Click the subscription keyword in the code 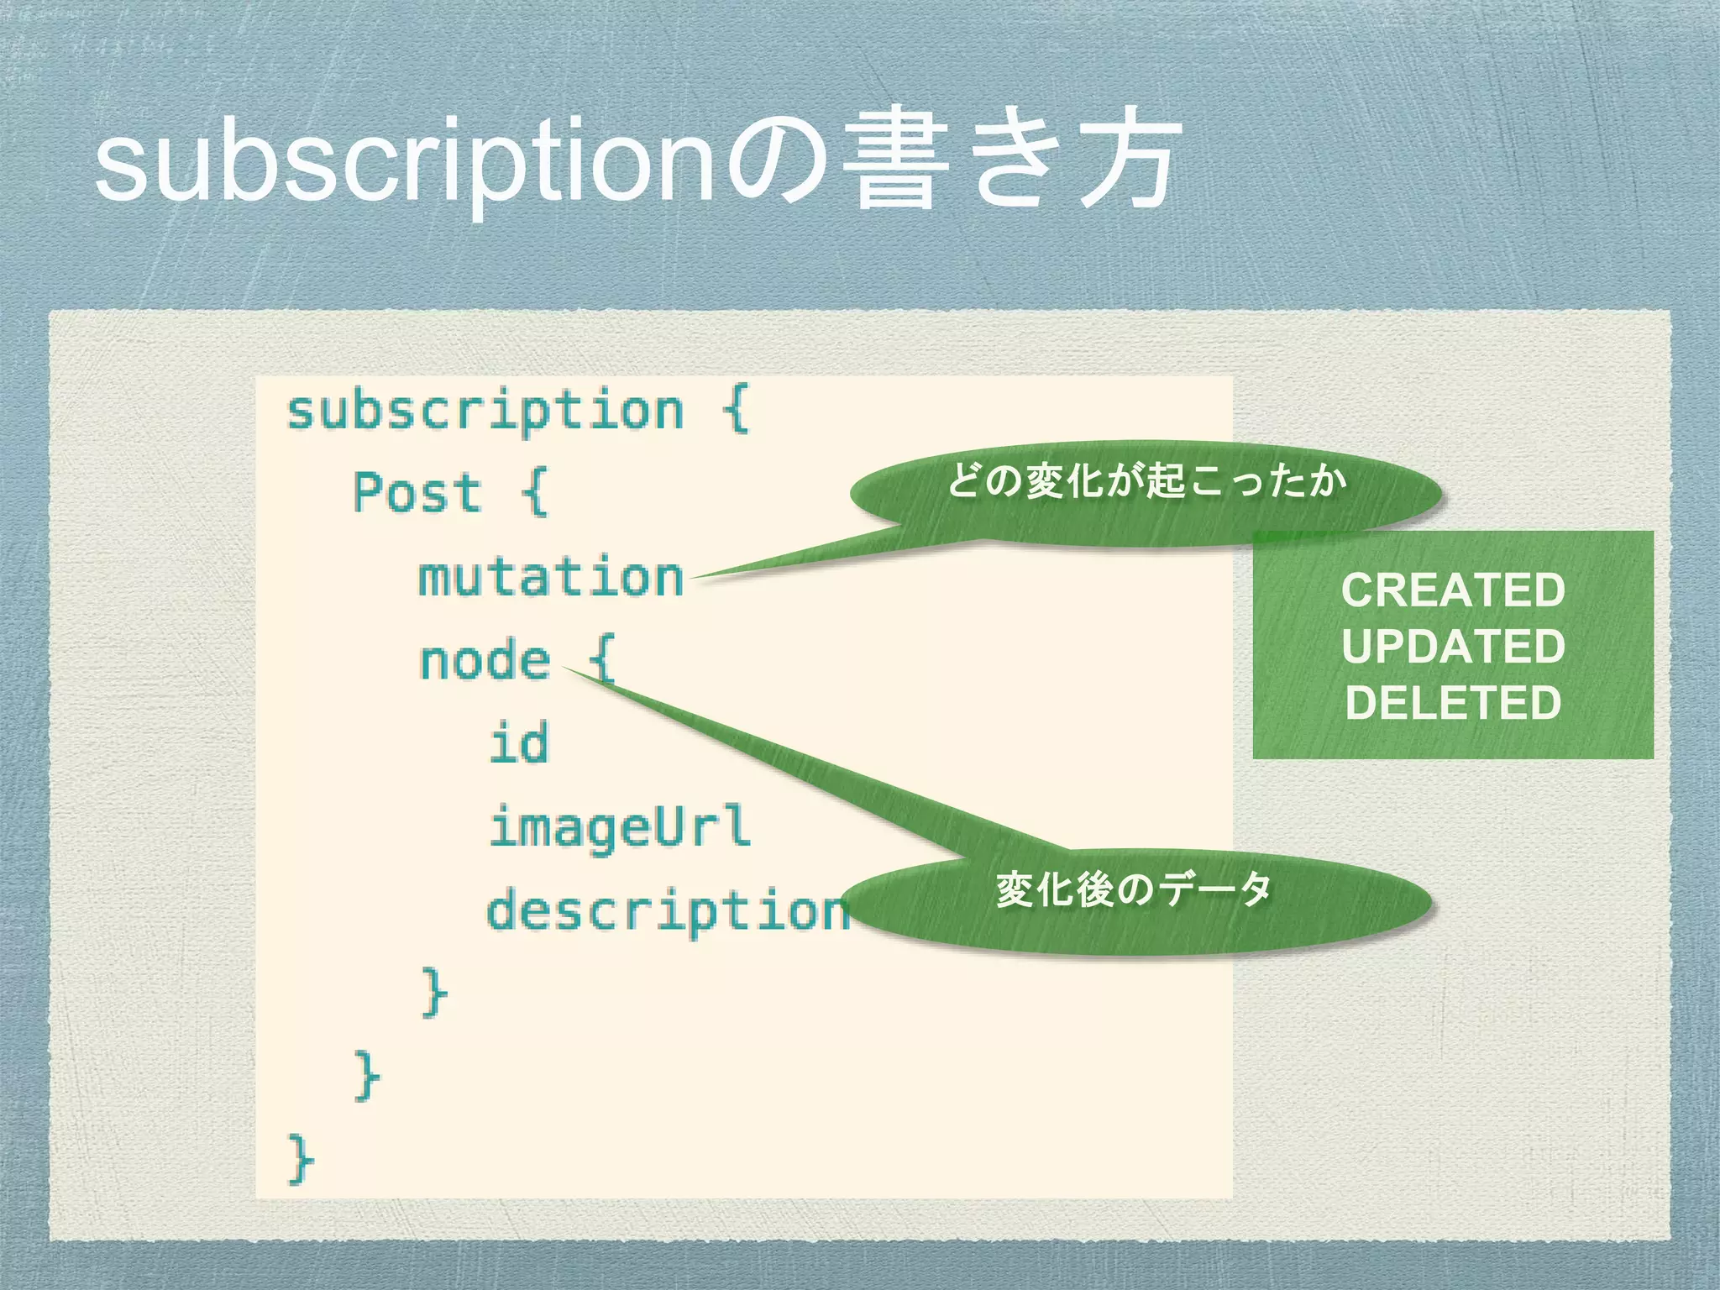pyautogui.click(x=485, y=412)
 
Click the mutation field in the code pyautogui.click(x=551, y=578)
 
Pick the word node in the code pyautogui.click(x=485, y=660)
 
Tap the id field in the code pyautogui.click(x=519, y=743)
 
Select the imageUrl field pyautogui.click(x=619, y=826)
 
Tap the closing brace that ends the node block pyautogui.click(x=434, y=992)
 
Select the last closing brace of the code pyautogui.click(x=300, y=1159)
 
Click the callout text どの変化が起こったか pyautogui.click(x=1146, y=482)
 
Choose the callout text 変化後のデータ pyautogui.click(x=1134, y=889)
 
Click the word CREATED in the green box pyautogui.click(x=1453, y=590)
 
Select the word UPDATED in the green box pyautogui.click(x=1453, y=647)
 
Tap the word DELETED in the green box pyautogui.click(x=1453, y=703)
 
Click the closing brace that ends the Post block pyautogui.click(x=367, y=1075)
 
